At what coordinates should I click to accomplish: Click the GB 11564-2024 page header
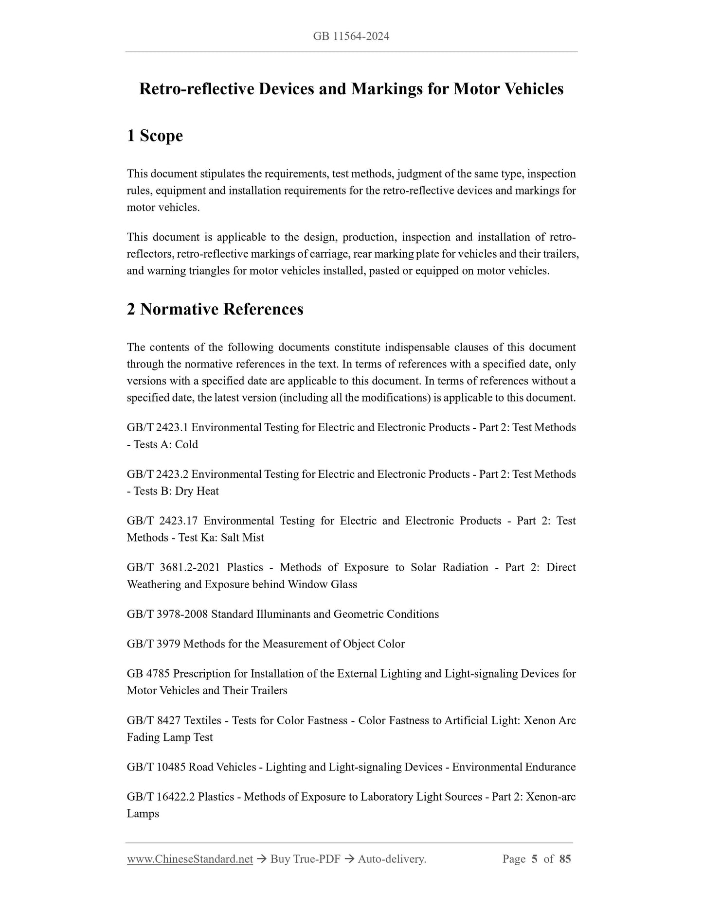[351, 36]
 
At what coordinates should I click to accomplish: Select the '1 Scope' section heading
[155, 136]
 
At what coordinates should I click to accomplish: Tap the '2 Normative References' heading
[215, 309]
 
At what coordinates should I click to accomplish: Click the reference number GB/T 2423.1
[158, 428]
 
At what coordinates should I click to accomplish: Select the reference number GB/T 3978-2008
[167, 614]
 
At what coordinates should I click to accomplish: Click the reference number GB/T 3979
[154, 644]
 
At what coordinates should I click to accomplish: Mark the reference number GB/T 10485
[156, 767]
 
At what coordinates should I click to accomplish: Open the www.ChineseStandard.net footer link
[190, 859]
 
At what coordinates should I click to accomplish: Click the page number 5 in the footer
[534, 859]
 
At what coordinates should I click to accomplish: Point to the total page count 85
[565, 859]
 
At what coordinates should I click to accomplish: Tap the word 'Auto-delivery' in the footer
[391, 859]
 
